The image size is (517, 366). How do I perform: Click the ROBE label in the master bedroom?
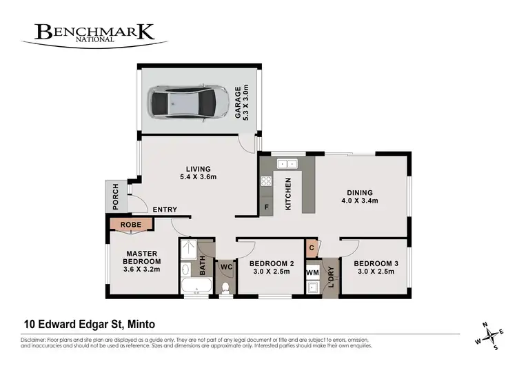[131, 224]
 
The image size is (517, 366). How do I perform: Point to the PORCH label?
[116, 197]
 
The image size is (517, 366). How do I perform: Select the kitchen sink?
[286, 164]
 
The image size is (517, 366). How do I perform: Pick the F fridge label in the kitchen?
[265, 205]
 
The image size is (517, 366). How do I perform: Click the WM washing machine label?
[312, 274]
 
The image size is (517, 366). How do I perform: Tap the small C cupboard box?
[312, 247]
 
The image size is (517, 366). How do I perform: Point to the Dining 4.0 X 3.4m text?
[360, 197]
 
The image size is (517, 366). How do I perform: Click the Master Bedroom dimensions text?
[142, 270]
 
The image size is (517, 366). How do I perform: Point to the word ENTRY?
[165, 210]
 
